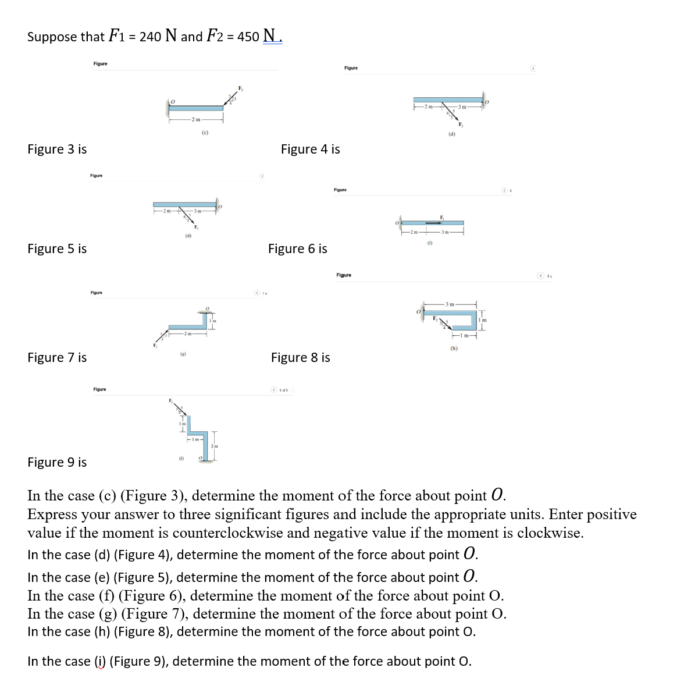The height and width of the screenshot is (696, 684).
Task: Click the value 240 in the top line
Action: point(150,37)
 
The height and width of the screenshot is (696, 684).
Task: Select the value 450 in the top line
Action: point(248,37)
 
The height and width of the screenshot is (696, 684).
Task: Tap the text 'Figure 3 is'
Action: point(57,149)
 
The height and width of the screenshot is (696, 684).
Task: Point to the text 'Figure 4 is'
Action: point(310,149)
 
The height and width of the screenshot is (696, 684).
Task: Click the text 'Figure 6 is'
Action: point(297,249)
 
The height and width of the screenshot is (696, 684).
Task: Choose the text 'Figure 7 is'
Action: point(57,357)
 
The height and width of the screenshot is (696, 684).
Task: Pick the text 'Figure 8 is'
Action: point(300,357)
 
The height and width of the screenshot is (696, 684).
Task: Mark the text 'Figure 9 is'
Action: point(57,462)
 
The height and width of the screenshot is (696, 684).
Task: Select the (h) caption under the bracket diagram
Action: point(454,348)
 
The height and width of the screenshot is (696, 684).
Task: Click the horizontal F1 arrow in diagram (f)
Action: point(433,223)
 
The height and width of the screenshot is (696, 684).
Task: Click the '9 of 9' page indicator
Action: point(284,389)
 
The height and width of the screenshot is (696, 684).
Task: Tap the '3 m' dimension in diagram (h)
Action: point(450,304)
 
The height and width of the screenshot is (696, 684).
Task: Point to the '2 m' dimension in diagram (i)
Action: point(215,445)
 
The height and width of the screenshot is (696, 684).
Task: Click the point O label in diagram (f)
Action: point(397,223)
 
